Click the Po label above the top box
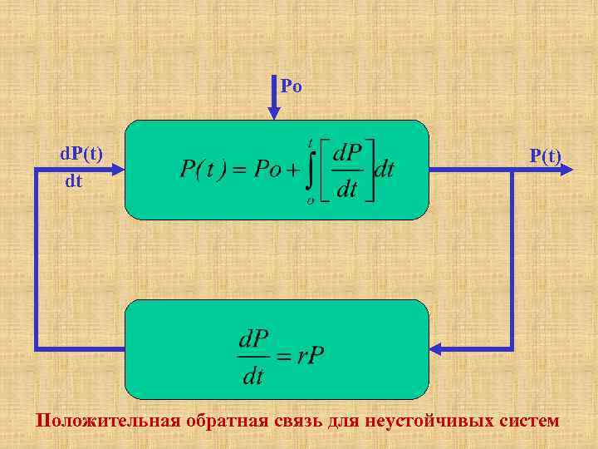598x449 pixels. (x=291, y=86)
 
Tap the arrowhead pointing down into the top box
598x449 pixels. (x=275, y=112)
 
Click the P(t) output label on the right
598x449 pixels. (x=546, y=155)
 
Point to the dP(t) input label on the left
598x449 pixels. (x=81, y=155)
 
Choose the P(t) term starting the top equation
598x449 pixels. (x=203, y=170)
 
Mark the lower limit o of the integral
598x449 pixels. (x=310, y=200)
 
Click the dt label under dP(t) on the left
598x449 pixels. (x=74, y=180)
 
